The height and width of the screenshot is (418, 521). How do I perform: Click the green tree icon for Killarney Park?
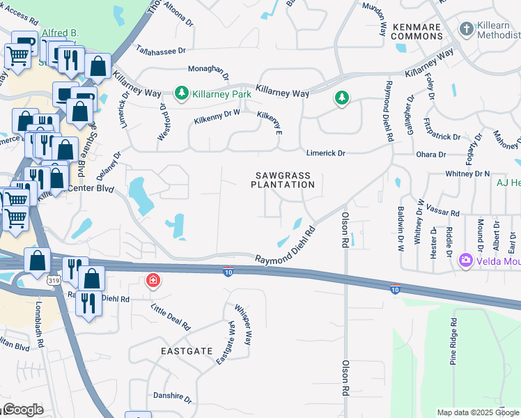[182, 93]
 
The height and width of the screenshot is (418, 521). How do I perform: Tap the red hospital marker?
[152, 281]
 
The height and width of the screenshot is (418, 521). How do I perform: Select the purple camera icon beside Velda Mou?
[465, 261]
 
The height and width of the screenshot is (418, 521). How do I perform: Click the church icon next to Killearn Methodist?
[466, 29]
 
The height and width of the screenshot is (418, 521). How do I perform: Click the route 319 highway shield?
[53, 280]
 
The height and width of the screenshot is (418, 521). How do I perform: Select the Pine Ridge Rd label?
[453, 342]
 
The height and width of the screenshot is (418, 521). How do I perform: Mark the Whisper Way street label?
[242, 325]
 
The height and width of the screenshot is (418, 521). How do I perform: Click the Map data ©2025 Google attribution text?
[477, 412]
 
